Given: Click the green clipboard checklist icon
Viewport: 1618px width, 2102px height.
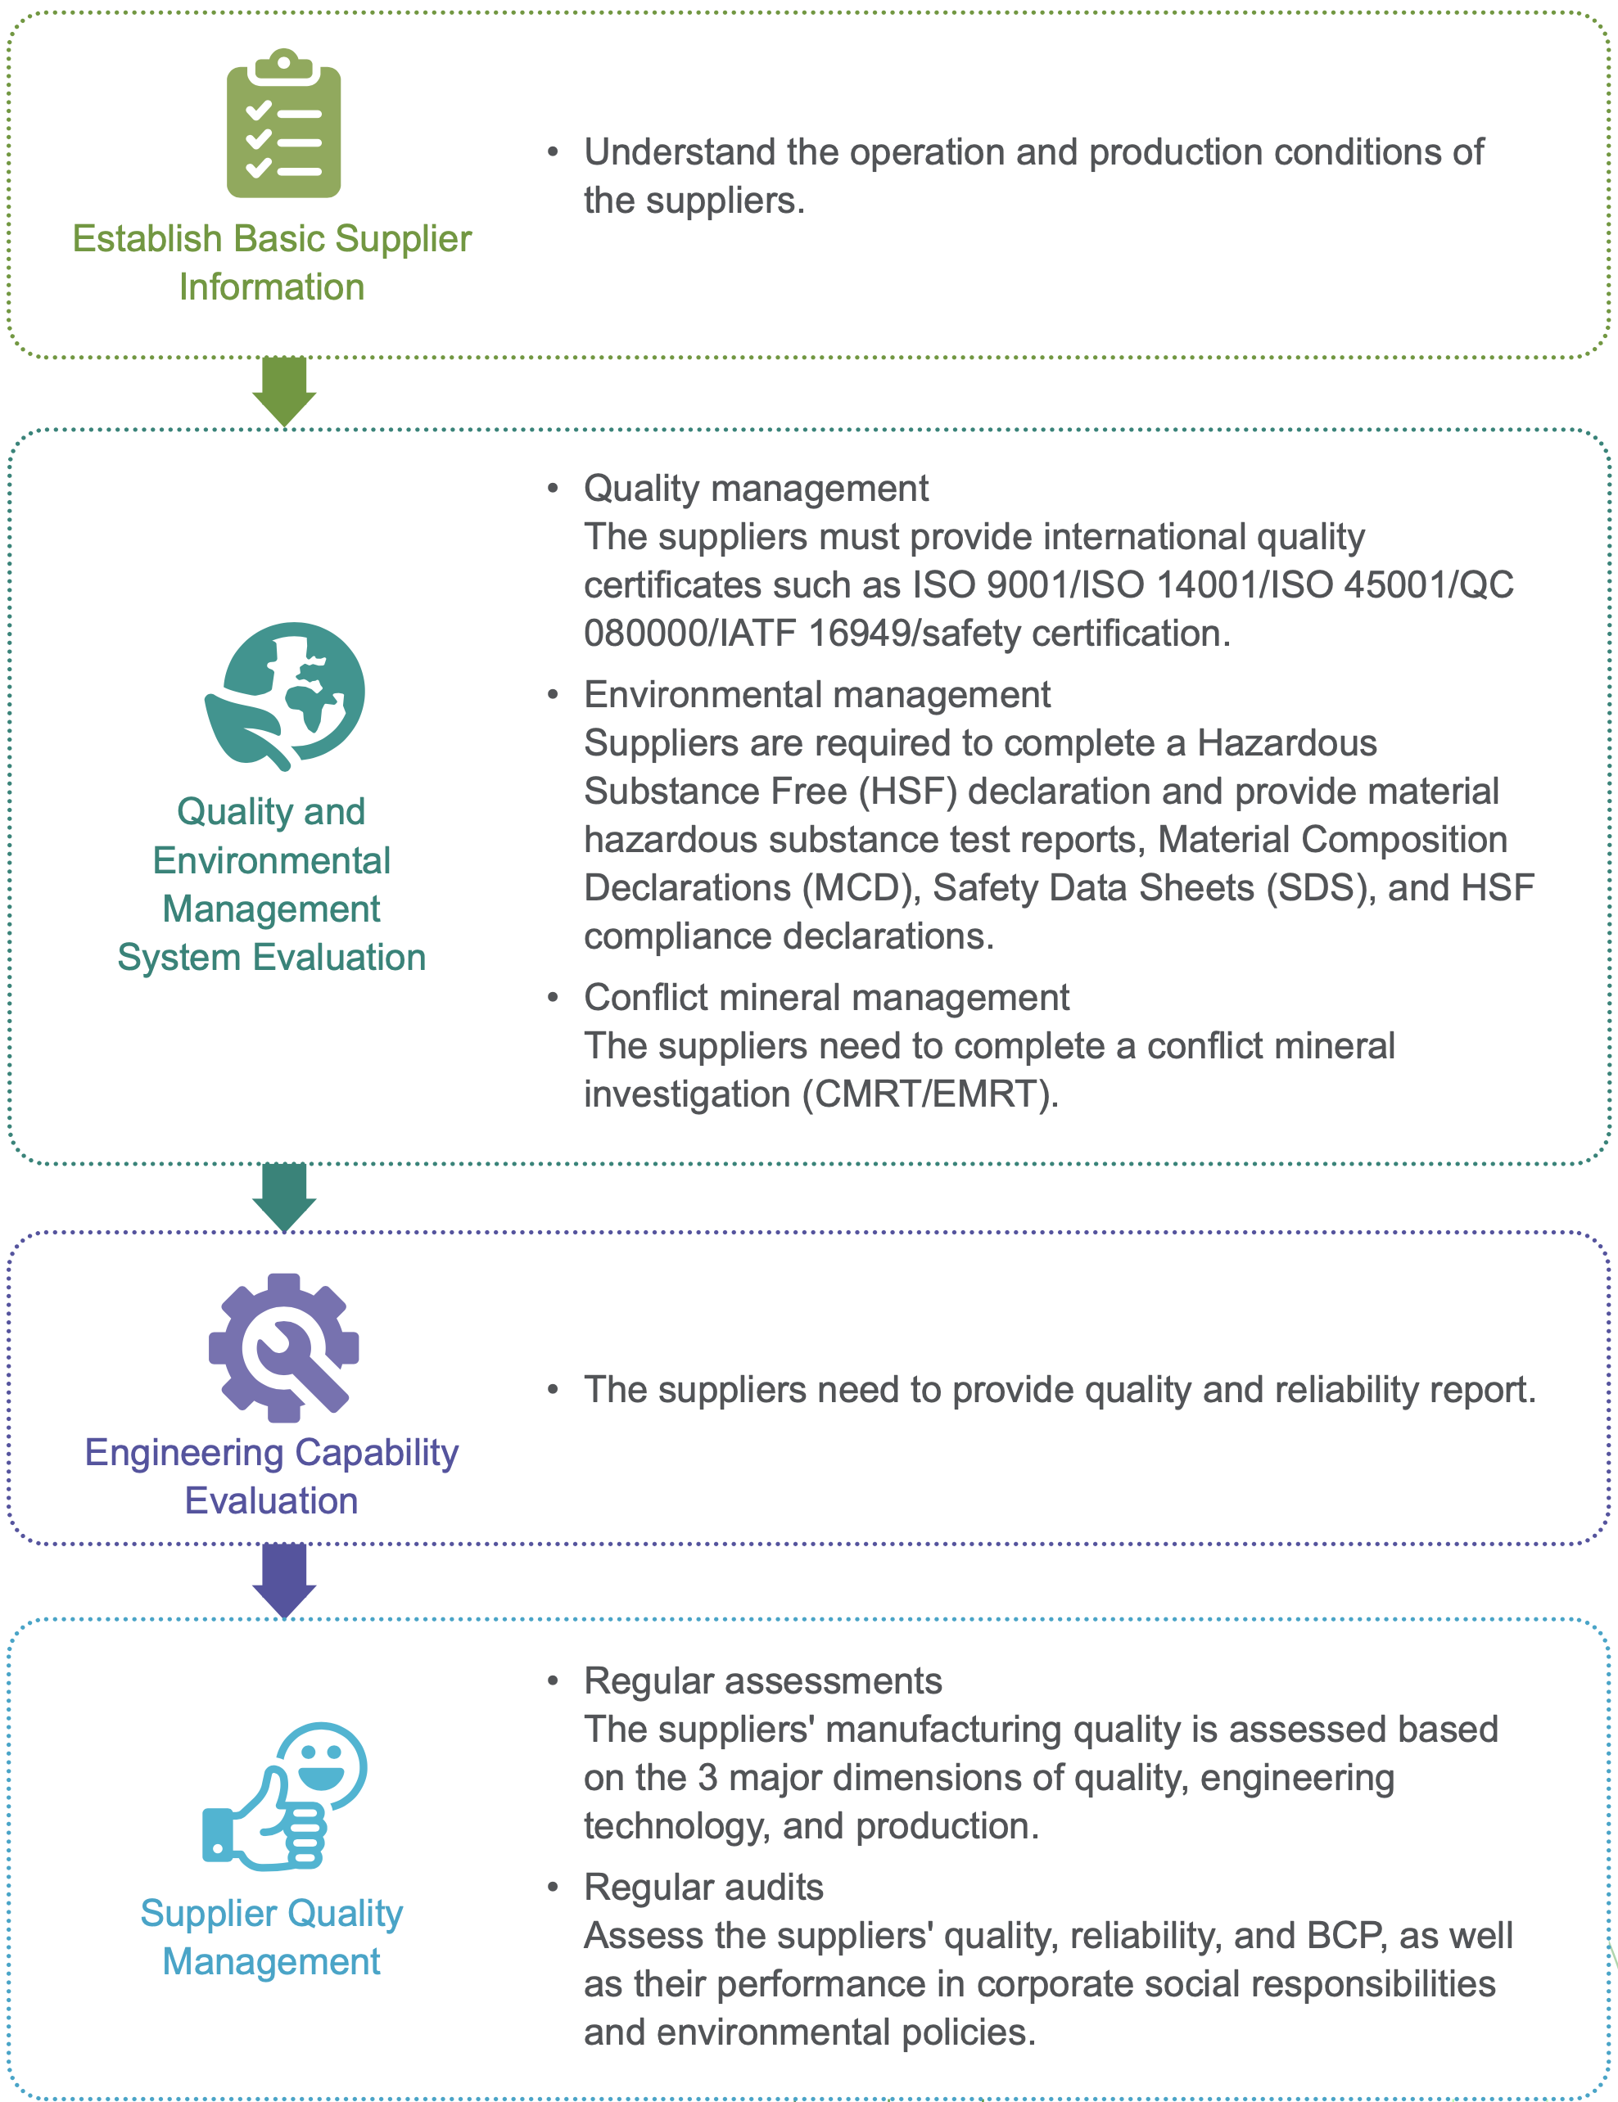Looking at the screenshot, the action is [x=283, y=124].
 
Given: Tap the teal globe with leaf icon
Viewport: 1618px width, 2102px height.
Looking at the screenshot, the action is [x=285, y=696].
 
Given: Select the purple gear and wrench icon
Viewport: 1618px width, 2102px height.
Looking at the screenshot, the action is [x=284, y=1347].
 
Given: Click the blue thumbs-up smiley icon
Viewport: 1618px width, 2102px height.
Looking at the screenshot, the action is [x=285, y=1796].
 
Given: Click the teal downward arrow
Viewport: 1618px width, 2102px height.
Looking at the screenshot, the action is [x=284, y=1198].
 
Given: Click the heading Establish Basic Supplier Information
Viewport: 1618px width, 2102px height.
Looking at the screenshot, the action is [x=273, y=263].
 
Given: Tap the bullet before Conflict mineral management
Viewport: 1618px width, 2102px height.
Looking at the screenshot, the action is [x=553, y=997].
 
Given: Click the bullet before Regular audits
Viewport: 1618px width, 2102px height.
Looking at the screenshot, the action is [x=553, y=1888].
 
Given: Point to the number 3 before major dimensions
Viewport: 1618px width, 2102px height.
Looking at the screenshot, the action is [x=707, y=1778].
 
